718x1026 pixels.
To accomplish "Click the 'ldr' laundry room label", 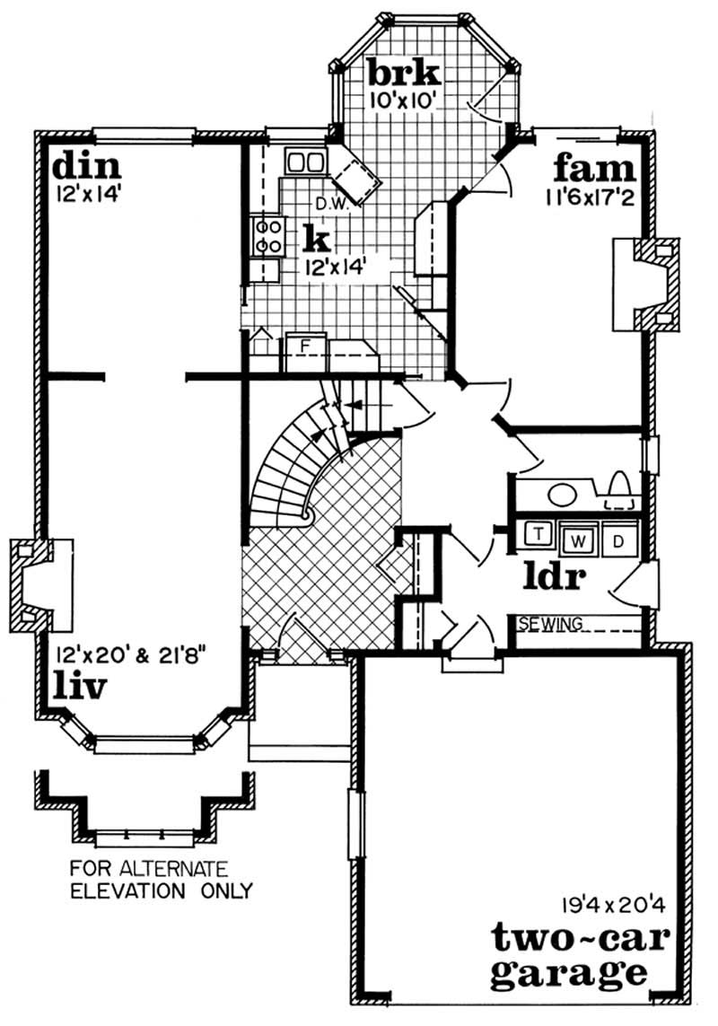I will click(555, 576).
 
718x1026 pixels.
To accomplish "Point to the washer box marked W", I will click(580, 540).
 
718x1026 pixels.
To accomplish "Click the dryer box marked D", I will click(617, 540).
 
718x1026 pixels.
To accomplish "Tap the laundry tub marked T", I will click(540, 534).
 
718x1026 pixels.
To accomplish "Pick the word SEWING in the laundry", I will click(551, 623).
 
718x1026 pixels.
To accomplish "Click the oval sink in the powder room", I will click(562, 493).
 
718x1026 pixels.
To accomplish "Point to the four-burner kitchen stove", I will click(267, 235).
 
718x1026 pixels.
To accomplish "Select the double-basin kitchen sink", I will click(304, 162).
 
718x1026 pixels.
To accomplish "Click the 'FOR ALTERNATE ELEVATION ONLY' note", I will click(161, 880).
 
